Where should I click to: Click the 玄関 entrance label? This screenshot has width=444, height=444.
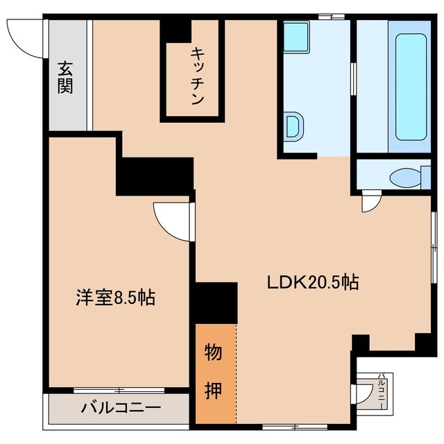(66, 78)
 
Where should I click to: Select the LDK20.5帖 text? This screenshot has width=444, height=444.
(313, 282)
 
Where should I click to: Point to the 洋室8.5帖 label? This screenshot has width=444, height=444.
(115, 298)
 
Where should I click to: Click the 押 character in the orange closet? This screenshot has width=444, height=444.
(214, 390)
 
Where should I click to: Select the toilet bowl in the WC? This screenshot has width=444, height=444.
(405, 178)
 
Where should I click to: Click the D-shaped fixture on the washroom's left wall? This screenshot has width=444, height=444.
(294, 126)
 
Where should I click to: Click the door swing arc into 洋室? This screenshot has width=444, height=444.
(170, 221)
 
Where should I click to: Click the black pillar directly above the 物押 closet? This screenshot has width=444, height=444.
(216, 303)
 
